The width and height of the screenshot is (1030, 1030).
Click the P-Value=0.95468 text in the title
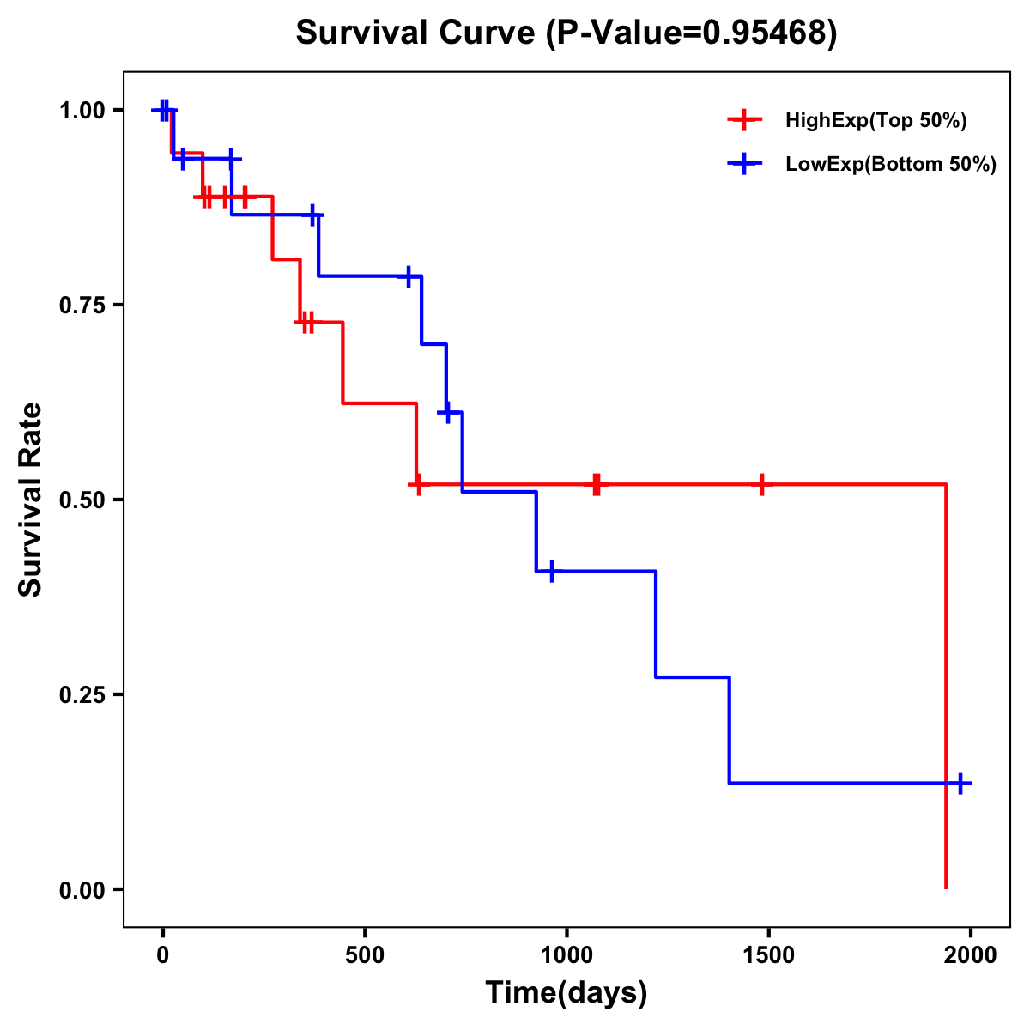tap(694, 33)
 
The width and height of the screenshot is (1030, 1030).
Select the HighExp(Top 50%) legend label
tap(875, 121)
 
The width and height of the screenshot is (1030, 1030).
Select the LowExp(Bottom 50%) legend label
tap(891, 165)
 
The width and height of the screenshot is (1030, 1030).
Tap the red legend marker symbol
tap(744, 120)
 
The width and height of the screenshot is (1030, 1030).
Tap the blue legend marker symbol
tap(744, 165)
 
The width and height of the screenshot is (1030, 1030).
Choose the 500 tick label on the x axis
tap(365, 956)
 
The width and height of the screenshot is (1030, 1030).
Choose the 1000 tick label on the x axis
tap(566, 956)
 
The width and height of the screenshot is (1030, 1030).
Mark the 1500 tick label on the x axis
tap(768, 956)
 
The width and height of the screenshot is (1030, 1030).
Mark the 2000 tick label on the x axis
tap(971, 956)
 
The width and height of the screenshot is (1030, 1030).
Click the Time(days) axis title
tap(566, 993)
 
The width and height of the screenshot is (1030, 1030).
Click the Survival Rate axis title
tap(31, 500)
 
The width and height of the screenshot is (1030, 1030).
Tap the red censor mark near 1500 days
tap(761, 485)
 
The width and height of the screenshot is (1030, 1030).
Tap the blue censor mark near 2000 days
tap(960, 783)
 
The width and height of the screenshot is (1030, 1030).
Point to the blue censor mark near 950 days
tap(551, 571)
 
